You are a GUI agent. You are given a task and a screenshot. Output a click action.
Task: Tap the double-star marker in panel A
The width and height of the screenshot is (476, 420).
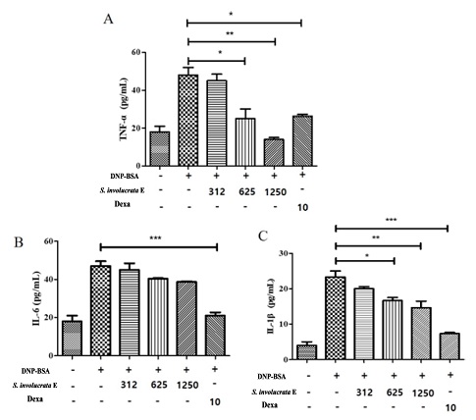pos(229,31)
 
